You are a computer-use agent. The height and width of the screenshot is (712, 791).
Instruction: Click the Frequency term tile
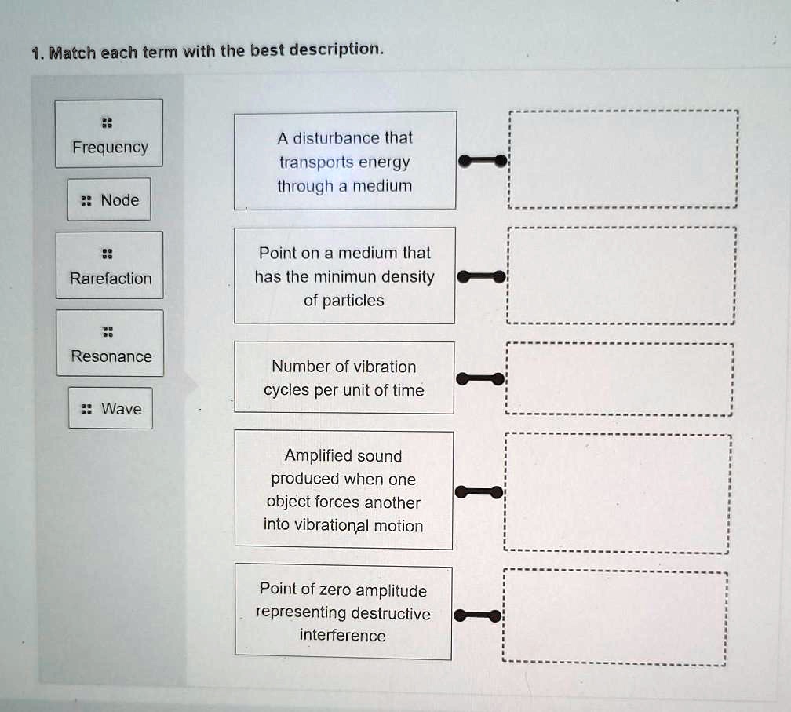[x=109, y=134]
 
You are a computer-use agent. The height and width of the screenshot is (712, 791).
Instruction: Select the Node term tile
[x=109, y=199]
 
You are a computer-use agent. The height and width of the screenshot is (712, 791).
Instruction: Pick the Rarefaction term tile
[x=110, y=265]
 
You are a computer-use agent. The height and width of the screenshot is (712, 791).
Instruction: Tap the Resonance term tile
[x=110, y=344]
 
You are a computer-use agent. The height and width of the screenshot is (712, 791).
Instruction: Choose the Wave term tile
[x=111, y=408]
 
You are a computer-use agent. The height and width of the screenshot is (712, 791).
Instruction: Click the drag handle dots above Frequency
[x=109, y=122]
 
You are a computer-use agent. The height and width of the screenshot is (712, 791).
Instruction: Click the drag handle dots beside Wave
[x=87, y=409]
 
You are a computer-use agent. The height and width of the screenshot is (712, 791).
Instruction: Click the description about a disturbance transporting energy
[x=344, y=161]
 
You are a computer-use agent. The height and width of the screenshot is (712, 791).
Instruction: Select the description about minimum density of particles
[x=344, y=276]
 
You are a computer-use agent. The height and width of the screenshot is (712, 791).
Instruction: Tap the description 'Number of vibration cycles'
[x=344, y=378]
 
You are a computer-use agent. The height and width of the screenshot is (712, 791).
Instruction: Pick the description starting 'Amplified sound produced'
[x=344, y=490]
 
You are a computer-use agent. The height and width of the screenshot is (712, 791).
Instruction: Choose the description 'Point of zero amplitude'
[x=344, y=612]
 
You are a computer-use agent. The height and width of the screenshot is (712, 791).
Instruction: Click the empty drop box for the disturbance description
[x=623, y=159]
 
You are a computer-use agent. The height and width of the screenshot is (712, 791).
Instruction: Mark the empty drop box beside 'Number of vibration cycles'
[x=620, y=379]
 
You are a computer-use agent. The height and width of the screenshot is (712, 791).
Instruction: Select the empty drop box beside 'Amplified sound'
[x=618, y=493]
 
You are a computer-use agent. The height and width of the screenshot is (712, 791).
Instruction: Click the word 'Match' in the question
[x=74, y=53]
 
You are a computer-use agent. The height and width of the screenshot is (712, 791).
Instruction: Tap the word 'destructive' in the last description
[x=391, y=613]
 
